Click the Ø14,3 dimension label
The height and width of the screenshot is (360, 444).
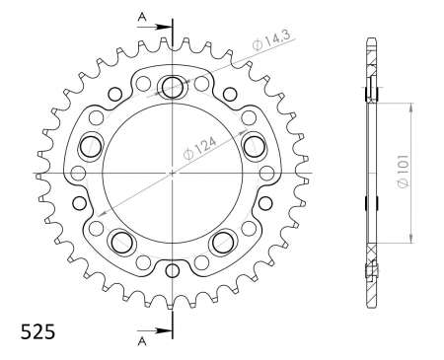pyautogui.click(x=271, y=41)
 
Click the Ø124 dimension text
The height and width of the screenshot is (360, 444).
pyautogui.click(x=200, y=148)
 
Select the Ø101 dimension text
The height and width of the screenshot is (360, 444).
pyautogui.click(x=404, y=172)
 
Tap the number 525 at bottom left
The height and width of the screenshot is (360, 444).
pyautogui.click(x=37, y=332)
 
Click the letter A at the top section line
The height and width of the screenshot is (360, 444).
pyautogui.click(x=142, y=17)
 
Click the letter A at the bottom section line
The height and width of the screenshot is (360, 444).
pyautogui.click(x=142, y=341)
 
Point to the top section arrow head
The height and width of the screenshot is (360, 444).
pyautogui.click(x=165, y=28)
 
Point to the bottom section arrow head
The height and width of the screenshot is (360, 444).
pyautogui.click(x=165, y=330)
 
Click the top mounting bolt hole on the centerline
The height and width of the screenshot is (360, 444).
pyautogui.click(x=172, y=87)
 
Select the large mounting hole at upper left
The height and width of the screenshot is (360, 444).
pyautogui.click(x=91, y=146)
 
